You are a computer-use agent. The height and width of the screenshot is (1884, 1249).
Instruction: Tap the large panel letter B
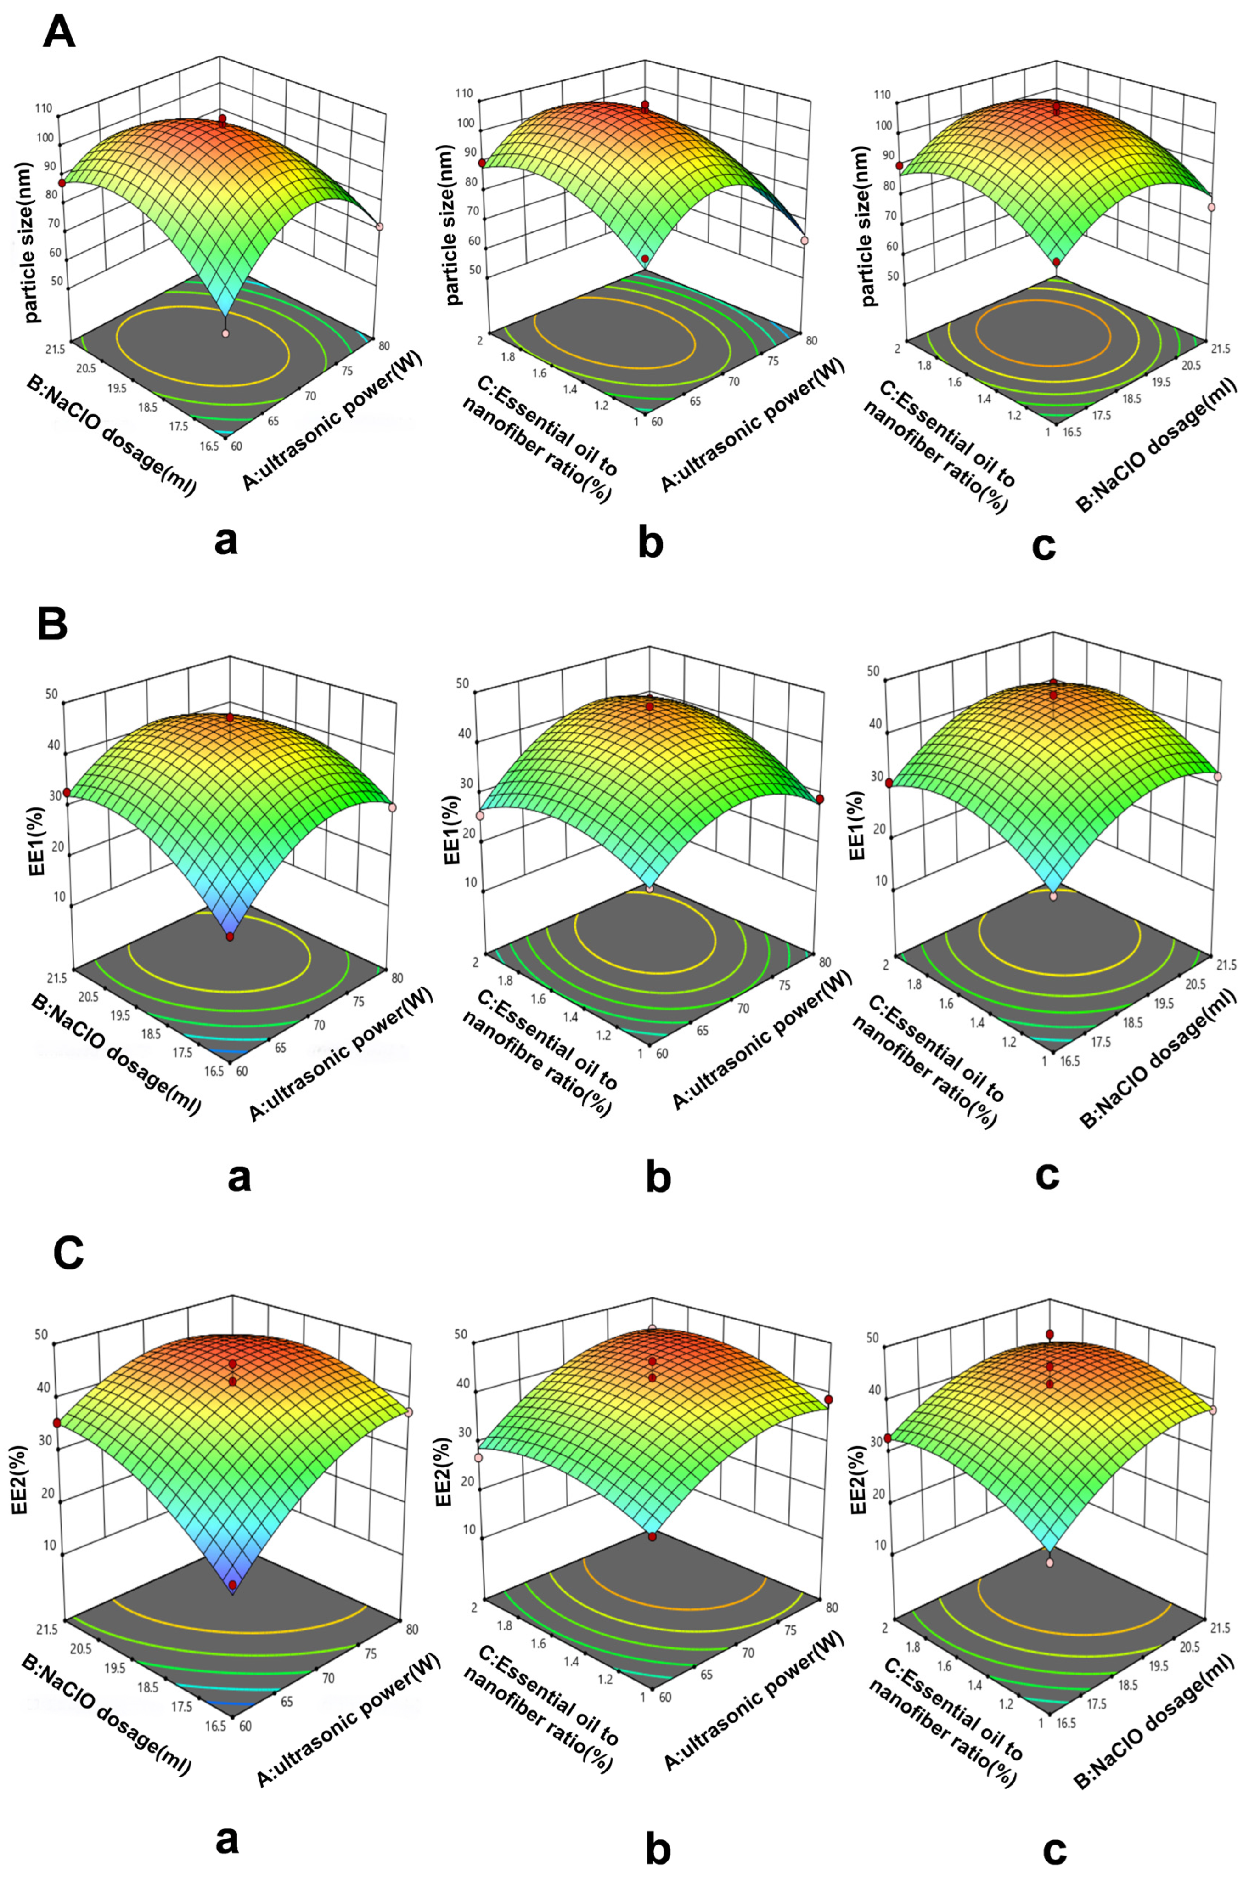52,626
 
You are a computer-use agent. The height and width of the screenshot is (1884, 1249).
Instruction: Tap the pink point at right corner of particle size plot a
380,227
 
